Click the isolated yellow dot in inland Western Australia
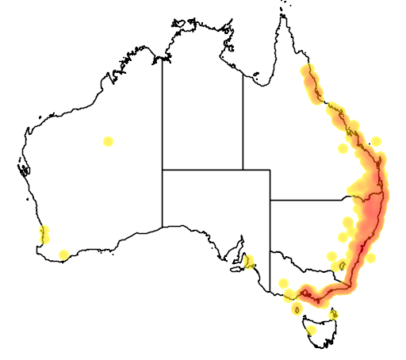point(108,141)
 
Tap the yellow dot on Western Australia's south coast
point(64,255)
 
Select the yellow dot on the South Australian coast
point(249,262)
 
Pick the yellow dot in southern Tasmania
point(311,330)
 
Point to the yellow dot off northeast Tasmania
point(334,315)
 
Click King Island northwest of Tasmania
point(297,309)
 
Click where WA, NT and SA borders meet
point(163,169)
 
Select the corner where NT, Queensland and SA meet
point(243,169)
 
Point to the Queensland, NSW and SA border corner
point(270,201)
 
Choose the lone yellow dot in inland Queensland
point(343,148)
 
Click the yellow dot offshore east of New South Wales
point(370,258)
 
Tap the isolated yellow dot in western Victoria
point(283,283)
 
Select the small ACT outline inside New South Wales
point(342,266)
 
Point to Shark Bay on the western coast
point(23,167)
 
